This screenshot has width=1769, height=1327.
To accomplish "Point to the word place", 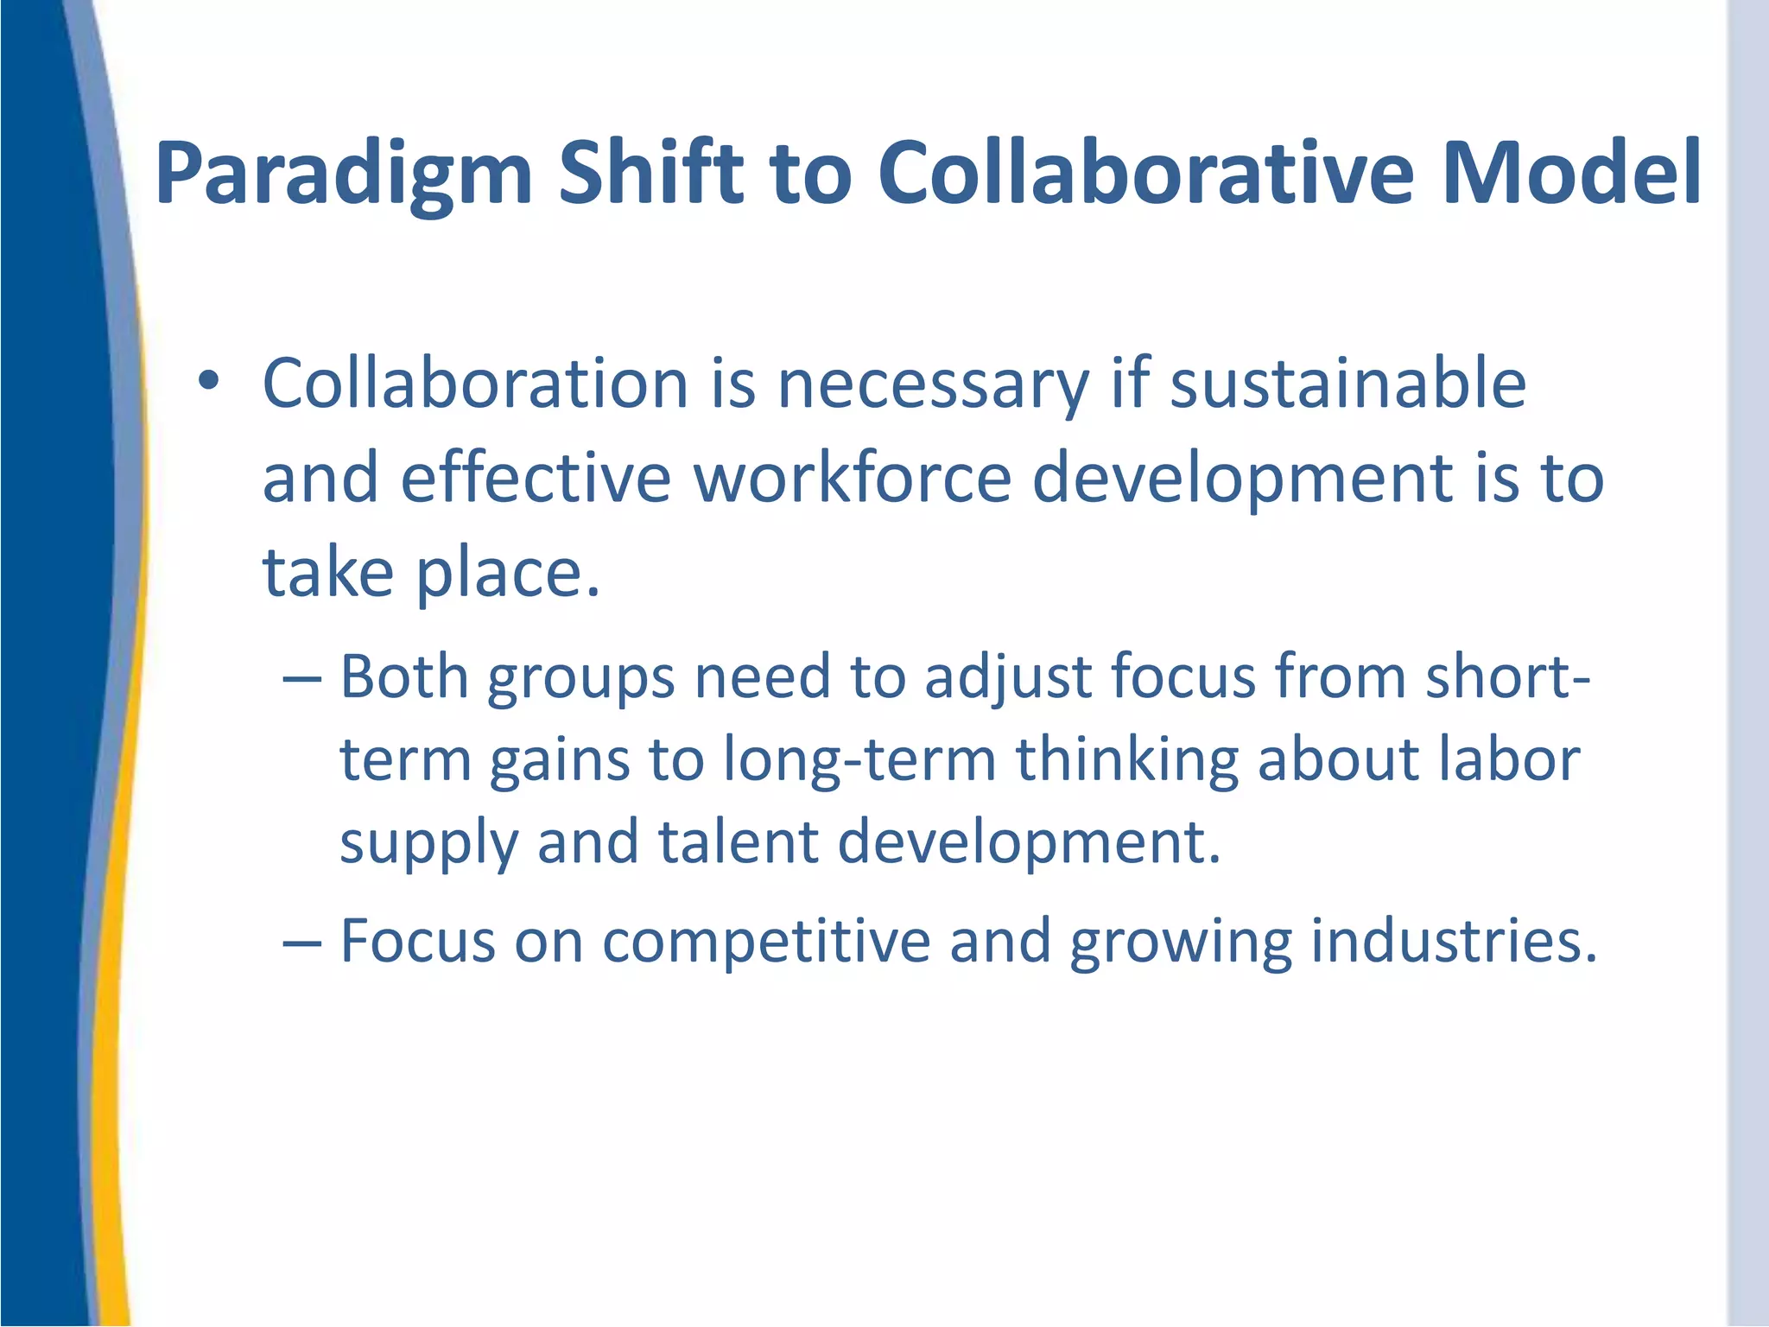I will tap(508, 574).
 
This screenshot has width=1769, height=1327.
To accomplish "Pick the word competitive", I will tap(766, 942).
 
